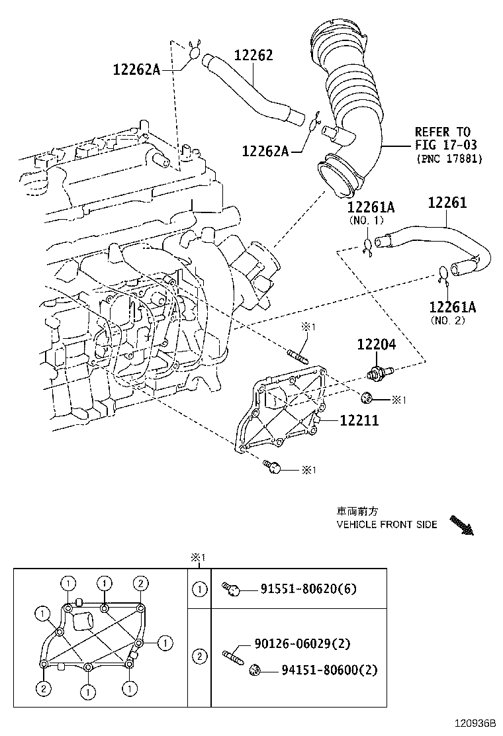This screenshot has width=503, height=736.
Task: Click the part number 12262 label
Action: tap(253, 56)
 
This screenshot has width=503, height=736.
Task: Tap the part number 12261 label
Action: tap(447, 203)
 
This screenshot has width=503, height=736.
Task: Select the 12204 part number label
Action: tap(377, 345)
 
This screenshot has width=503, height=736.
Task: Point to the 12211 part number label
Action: tap(359, 420)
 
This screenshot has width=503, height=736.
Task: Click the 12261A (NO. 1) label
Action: tap(371, 212)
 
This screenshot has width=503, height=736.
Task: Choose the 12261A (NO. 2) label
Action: tap(453, 313)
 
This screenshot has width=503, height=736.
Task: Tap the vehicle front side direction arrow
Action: tap(462, 526)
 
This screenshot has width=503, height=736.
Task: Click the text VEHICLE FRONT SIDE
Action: tap(387, 524)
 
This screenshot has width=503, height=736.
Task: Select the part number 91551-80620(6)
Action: tap(308, 588)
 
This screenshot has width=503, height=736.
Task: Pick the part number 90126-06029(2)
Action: tap(302, 643)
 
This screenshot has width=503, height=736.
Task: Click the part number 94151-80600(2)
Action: tap(330, 670)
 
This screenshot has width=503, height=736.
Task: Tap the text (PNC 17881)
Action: tap(449, 159)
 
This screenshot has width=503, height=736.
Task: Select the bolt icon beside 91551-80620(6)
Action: tap(232, 589)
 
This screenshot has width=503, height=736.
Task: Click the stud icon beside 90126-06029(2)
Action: tap(233, 657)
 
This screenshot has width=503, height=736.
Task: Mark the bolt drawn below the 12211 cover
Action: tap(272, 467)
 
